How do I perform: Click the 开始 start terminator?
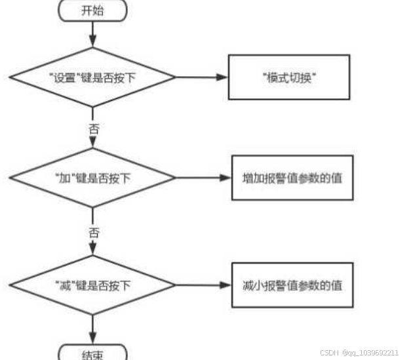[x=92, y=10]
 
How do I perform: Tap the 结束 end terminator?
[x=92, y=354]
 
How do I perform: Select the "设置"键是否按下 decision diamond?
[x=92, y=77]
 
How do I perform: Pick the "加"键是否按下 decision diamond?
[x=92, y=178]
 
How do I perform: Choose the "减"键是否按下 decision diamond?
[x=92, y=285]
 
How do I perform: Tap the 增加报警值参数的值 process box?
[x=292, y=178]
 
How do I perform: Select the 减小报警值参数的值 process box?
[x=292, y=285]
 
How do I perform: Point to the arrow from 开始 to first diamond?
[x=92, y=33]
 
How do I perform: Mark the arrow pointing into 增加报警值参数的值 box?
[x=204, y=178]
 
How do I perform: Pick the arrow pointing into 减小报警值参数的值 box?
[x=204, y=285]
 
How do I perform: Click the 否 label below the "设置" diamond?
[x=92, y=129]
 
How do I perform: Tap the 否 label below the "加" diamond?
[x=92, y=231]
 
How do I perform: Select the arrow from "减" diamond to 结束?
[x=92, y=328]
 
